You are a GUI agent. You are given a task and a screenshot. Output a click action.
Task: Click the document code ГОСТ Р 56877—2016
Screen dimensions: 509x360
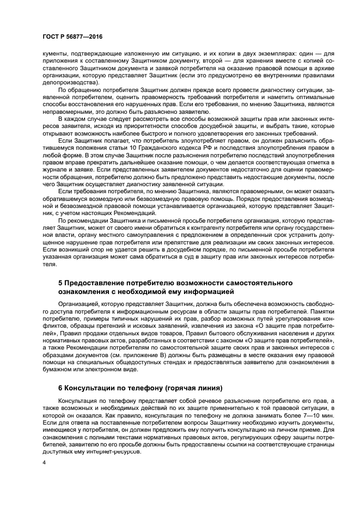[72, 36]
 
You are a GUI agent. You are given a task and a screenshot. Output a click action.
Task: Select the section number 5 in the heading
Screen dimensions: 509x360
[60, 283]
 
